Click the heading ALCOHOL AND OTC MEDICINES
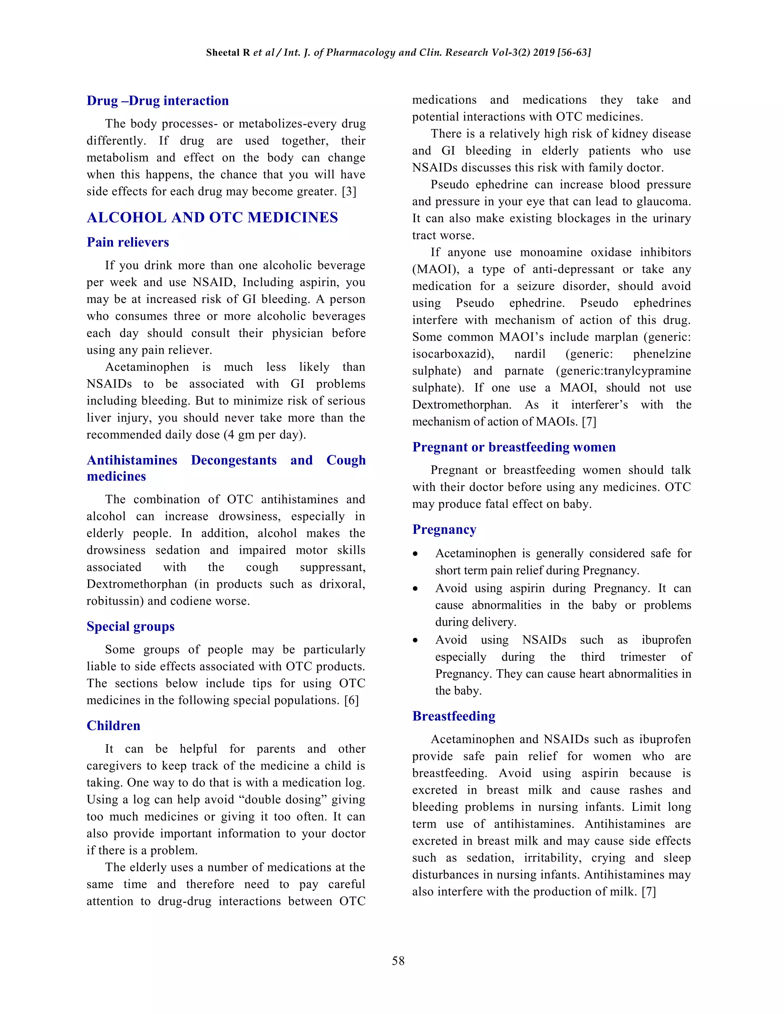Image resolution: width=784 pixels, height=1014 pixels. coord(212,217)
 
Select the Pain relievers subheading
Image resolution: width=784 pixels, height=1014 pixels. coord(128,242)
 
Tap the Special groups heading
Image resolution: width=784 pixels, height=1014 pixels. coord(131,626)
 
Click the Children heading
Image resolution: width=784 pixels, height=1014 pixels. coord(113,725)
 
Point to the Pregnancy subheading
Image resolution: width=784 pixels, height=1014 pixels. coord(444,530)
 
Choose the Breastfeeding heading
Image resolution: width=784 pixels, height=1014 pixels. coord(454,716)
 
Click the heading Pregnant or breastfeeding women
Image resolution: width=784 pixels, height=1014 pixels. coord(514,447)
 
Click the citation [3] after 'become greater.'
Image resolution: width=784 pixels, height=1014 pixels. coord(349,192)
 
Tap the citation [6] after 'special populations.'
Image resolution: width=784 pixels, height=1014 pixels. coord(351,700)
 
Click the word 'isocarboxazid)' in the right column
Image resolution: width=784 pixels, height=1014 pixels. coord(453,354)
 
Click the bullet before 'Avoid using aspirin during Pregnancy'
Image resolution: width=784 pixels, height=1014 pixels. coord(415,589)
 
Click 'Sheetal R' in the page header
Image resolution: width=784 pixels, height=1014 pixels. coord(228,52)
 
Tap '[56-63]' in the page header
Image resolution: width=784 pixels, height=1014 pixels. coord(574,52)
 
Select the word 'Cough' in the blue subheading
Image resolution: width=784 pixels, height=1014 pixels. coord(346,460)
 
